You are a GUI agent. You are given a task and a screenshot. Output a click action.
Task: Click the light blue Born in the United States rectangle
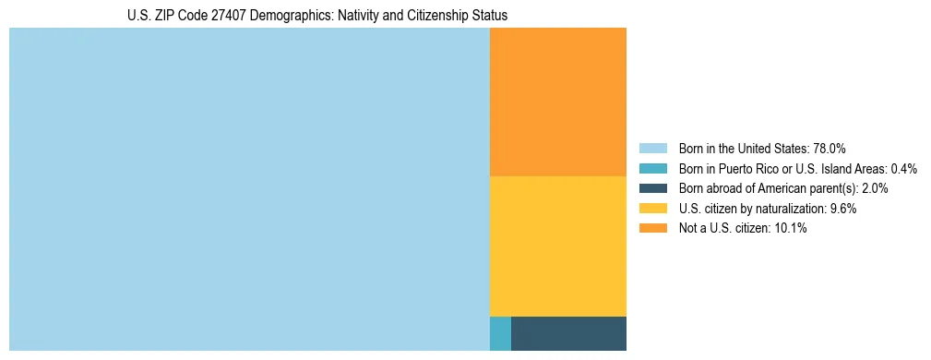[249, 189]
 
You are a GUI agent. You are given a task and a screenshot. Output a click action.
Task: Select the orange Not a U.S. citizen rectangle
[558, 102]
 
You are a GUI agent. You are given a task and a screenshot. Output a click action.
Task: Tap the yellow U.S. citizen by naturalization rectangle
[558, 246]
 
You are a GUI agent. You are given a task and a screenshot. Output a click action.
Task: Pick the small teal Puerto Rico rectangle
[500, 333]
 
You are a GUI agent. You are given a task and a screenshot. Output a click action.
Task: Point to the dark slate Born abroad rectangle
[568, 333]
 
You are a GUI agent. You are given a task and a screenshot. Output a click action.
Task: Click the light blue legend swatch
[653, 148]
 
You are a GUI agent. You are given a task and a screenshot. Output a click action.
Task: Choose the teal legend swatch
[653, 168]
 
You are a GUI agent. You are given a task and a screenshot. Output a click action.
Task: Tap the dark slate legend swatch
[653, 188]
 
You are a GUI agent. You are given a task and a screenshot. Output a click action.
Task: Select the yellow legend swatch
[653, 209]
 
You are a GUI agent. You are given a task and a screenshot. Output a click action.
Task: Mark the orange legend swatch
[653, 229]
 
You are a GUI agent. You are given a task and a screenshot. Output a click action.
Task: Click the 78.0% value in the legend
[830, 148]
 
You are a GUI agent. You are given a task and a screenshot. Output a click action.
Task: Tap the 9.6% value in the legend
[841, 209]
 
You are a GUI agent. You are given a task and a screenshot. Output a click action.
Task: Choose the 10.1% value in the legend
[791, 229]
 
